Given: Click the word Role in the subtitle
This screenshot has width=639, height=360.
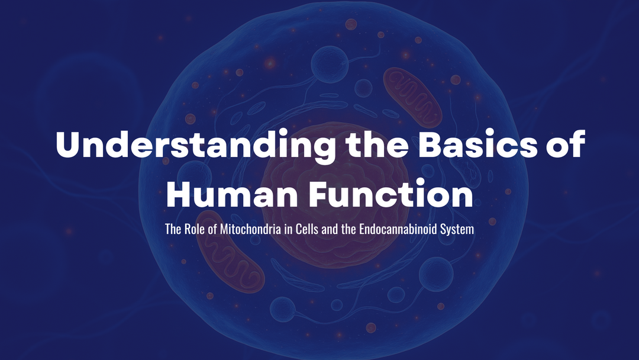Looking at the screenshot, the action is [x=195, y=229].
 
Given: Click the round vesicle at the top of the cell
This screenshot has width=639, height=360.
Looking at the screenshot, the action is [x=330, y=64].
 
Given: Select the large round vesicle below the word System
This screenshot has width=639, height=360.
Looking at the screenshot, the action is [x=436, y=274].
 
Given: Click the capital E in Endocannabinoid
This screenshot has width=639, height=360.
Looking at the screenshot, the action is [x=362, y=229].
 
